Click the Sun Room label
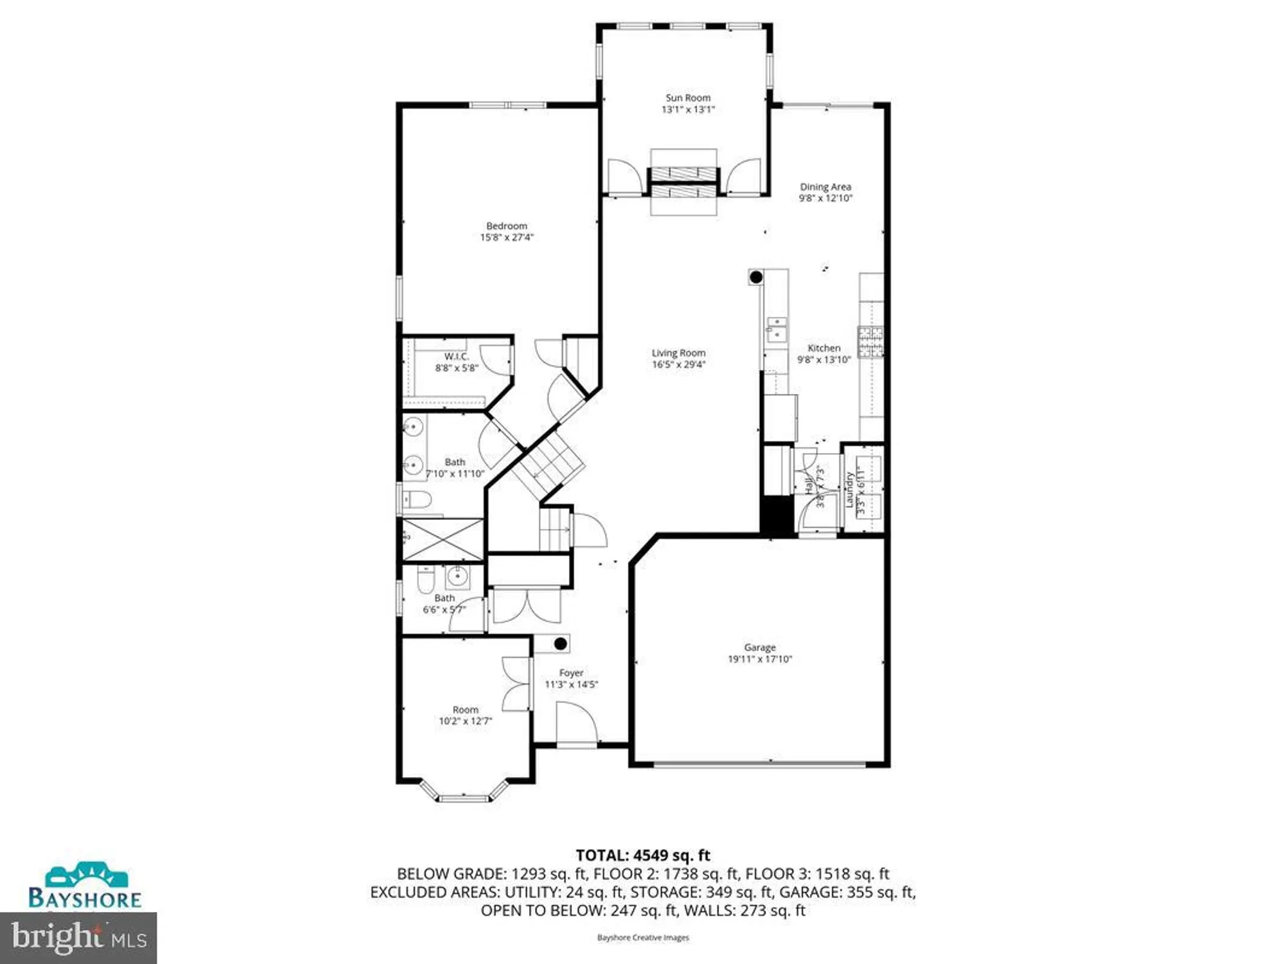[x=687, y=98]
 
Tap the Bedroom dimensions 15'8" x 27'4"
[x=507, y=237]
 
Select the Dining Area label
[x=825, y=187]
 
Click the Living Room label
[x=678, y=353]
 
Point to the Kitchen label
[x=824, y=348]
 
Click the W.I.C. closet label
[x=457, y=356]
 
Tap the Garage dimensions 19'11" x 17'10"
[x=759, y=659]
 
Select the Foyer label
[x=571, y=673]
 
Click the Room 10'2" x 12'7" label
[x=465, y=710]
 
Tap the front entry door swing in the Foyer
[x=576, y=724]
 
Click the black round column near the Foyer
[x=560, y=643]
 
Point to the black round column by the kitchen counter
[x=756, y=277]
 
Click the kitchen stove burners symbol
[x=871, y=342]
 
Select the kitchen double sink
[x=776, y=329]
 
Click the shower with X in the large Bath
[x=442, y=539]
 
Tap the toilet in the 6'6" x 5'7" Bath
[x=426, y=580]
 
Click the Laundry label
[x=849, y=490]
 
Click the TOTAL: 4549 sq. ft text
[x=642, y=855]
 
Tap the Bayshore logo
[x=84, y=886]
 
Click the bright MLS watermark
[x=78, y=938]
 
